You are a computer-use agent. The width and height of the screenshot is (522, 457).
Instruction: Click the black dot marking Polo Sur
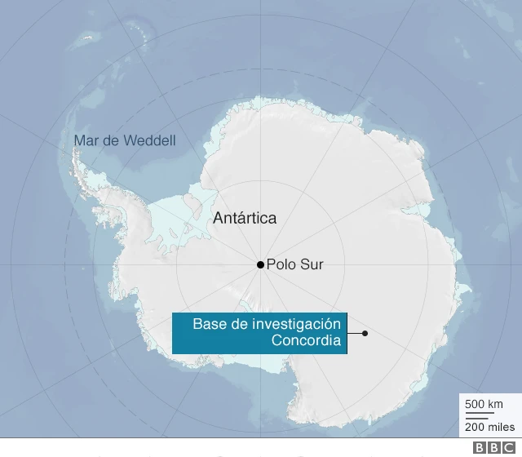260,264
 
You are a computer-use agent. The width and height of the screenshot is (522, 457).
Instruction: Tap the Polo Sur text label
294,264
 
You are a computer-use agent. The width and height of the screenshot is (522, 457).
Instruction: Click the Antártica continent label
244,218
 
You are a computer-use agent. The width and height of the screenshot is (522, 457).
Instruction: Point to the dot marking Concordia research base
365,333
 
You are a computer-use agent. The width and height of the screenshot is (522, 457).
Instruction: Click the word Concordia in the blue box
307,340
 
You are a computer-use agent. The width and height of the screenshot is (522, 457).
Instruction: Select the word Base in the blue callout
207,324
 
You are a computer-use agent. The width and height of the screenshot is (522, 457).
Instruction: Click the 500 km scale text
484,405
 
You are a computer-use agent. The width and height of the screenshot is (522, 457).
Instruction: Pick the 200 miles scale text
489,427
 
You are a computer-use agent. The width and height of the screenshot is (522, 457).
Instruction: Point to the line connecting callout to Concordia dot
356,333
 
